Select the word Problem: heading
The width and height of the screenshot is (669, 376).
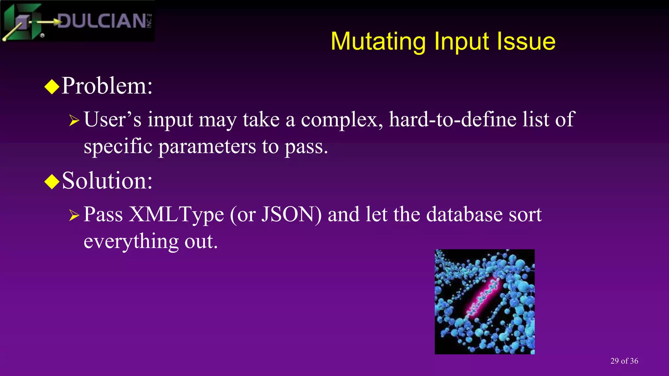107,86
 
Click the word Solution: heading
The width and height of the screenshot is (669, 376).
107,181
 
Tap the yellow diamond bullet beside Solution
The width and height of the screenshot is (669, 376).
52,181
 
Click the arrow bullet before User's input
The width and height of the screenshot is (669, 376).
74,121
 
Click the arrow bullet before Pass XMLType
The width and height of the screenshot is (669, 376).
74,216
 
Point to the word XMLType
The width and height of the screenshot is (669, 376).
176,215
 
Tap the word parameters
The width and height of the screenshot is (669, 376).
207,147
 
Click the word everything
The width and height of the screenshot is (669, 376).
131,242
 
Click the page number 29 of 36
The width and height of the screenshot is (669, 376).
624,361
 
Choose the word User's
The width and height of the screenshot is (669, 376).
113,119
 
